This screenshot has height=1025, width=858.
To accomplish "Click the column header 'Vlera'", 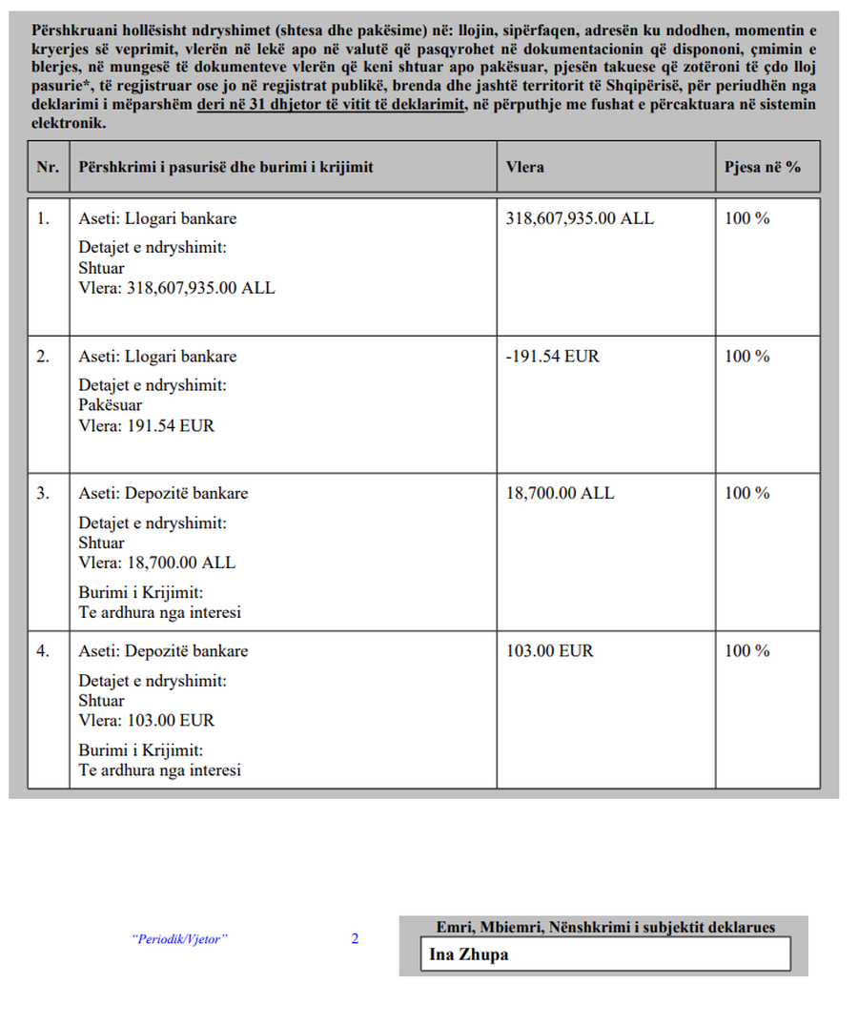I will point(525,167).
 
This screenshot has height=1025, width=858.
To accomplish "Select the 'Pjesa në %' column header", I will point(762,167).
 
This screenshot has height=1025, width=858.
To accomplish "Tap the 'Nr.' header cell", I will point(48,167).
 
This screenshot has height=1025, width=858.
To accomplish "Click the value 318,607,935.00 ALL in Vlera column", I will point(581,218).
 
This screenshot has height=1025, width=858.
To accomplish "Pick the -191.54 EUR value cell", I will point(553,357).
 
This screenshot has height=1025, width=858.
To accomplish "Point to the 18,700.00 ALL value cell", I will point(561,493).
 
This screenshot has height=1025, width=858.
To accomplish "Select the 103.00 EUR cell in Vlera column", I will point(550,651).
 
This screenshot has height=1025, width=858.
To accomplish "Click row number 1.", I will point(44,218).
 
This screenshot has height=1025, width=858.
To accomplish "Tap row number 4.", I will point(44,651).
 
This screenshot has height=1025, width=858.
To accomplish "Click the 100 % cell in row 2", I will point(746,357).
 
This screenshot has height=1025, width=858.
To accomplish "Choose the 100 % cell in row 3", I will point(746,493).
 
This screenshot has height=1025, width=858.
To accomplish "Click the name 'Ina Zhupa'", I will point(468,954).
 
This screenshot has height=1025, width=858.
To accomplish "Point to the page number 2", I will point(355,939).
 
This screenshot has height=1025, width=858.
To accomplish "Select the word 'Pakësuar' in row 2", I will point(110,405).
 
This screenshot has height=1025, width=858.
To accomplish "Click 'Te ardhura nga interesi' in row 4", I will point(159,769).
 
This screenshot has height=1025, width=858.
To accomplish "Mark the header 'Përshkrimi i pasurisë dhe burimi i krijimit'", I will point(226,167).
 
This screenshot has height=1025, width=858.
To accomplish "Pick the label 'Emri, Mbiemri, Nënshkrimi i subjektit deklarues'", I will point(605,927).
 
